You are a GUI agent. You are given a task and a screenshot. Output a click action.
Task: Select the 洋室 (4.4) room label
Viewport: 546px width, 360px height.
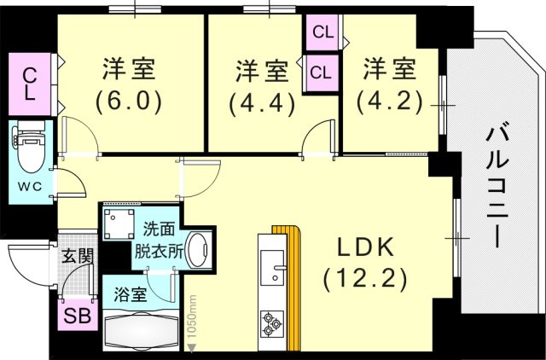261,86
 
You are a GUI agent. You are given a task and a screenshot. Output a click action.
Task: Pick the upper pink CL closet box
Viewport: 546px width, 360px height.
323,34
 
